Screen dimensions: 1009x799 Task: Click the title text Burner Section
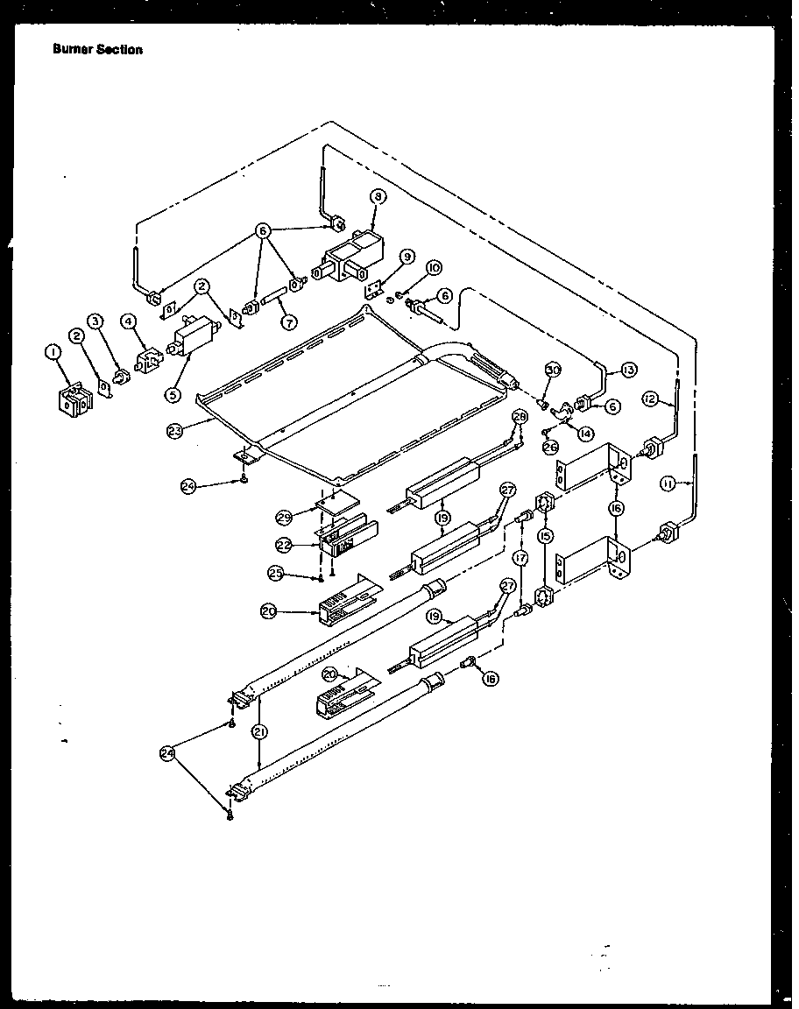(x=97, y=50)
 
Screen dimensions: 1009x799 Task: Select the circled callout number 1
(x=53, y=353)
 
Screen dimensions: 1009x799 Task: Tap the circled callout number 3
(x=96, y=321)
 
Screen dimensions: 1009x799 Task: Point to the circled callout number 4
(x=129, y=321)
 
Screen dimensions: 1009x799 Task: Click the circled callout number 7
(x=287, y=321)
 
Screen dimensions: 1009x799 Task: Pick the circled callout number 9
(x=407, y=256)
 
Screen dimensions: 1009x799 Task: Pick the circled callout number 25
(x=278, y=573)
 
